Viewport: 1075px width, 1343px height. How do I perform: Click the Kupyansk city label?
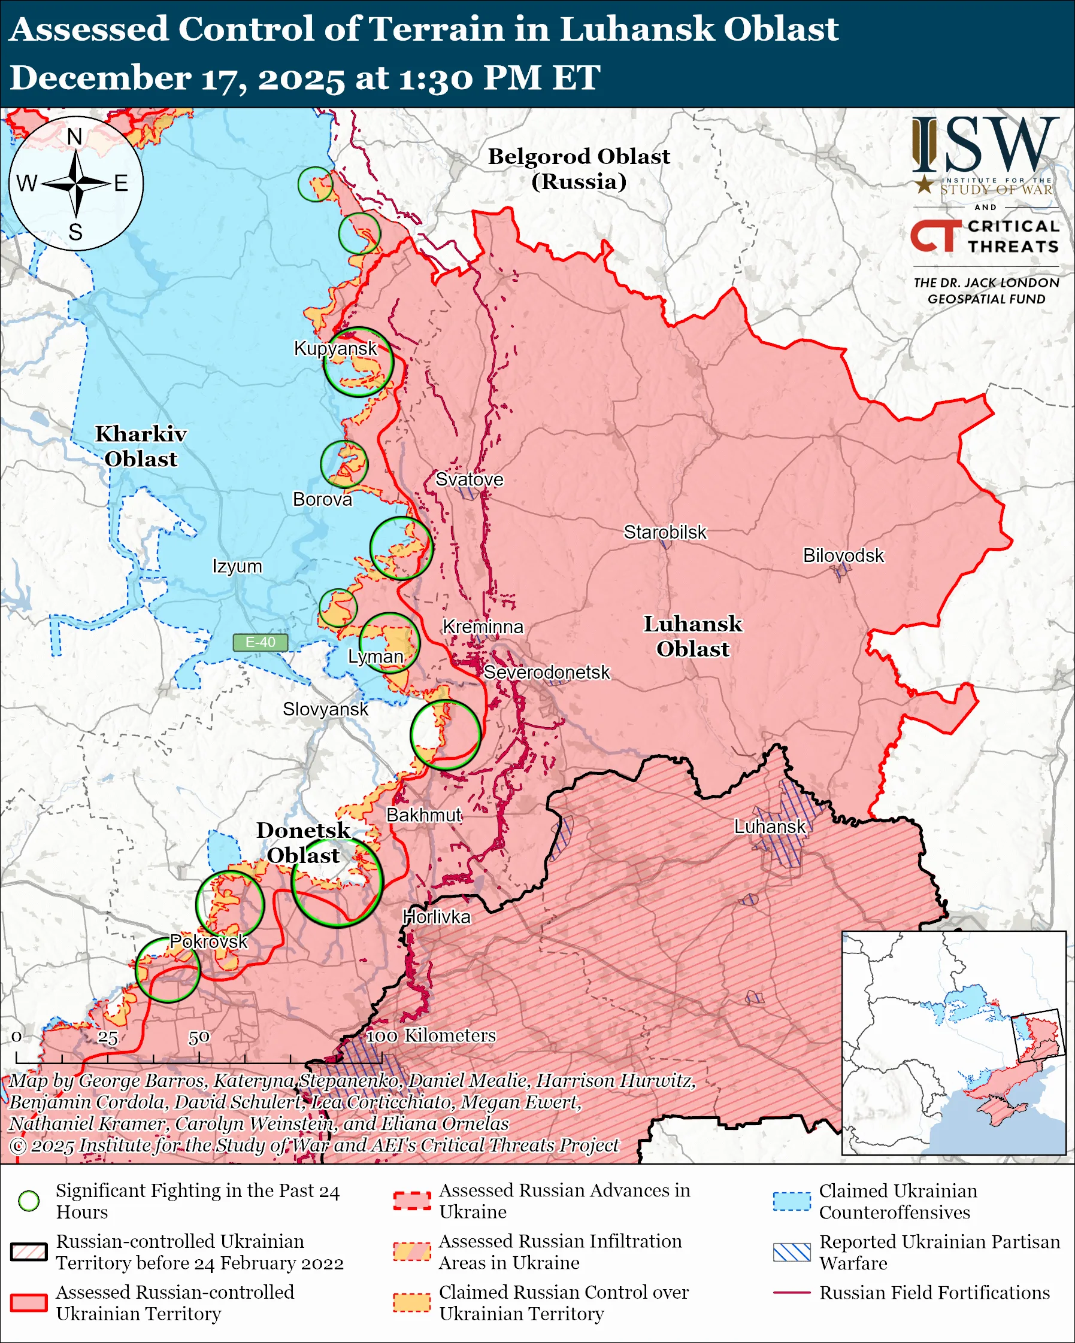coord(335,348)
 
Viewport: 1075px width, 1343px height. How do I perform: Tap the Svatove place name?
coord(469,479)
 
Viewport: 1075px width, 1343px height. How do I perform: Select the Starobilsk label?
coord(665,532)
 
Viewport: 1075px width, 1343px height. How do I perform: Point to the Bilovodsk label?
coord(843,555)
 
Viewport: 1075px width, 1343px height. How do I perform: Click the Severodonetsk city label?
coord(547,672)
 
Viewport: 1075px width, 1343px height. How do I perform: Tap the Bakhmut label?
coord(424,815)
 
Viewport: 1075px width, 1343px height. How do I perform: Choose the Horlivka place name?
coord(436,917)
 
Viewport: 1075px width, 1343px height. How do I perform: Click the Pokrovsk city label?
coord(209,941)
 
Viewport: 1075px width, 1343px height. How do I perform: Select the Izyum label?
coord(237,566)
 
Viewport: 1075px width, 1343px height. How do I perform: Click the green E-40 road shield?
coord(260,642)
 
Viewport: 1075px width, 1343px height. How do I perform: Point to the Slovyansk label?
coord(325,709)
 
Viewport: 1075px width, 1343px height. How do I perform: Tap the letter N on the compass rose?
coord(75,136)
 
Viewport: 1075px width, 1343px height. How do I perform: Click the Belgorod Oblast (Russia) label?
coord(579,168)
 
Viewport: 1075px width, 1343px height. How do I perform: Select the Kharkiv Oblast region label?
coord(141,446)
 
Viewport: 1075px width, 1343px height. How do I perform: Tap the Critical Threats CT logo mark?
coord(934,236)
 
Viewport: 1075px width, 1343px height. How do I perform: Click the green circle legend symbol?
coord(29,1201)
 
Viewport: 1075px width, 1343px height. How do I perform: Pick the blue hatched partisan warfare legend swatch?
coord(792,1252)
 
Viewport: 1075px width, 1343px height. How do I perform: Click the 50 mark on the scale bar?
coord(199,1037)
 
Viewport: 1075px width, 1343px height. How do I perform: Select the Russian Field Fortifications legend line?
coord(792,1293)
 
